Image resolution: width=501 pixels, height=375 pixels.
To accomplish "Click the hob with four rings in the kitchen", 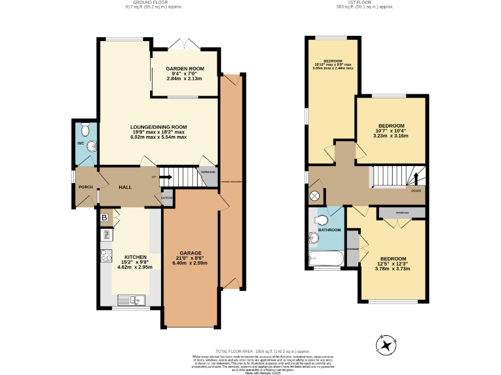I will tap(104, 255).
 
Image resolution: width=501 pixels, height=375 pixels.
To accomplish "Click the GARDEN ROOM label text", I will tap(185, 69).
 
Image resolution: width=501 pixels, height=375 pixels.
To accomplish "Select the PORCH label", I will tap(85, 187).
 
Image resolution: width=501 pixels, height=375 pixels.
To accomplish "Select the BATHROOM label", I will tap(329, 230).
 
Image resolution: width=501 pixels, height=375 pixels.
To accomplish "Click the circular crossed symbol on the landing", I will tap(315, 196).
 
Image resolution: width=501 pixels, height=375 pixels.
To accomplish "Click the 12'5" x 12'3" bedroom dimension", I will tap(393, 263).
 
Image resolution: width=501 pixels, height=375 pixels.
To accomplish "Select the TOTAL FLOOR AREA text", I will tap(250, 351).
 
